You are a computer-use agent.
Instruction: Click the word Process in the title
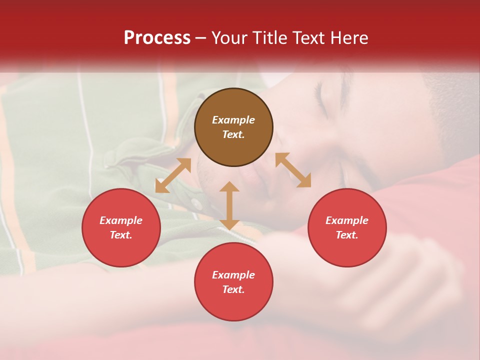click(157, 38)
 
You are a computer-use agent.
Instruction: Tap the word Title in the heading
click(272, 38)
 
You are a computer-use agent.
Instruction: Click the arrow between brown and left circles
click(173, 175)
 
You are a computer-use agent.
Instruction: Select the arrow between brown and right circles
click(293, 170)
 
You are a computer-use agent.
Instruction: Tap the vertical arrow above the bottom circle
click(229, 205)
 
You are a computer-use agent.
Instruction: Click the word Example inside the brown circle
click(233, 120)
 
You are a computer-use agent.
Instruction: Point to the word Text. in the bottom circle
click(233, 289)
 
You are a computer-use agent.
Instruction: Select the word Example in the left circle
click(121, 220)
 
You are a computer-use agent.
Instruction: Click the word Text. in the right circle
click(347, 235)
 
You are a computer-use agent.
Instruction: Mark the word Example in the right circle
click(347, 220)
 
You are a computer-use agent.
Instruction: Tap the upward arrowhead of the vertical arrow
click(229, 186)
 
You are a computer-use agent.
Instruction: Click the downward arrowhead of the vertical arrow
click(229, 224)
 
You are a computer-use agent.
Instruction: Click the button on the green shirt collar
click(196, 204)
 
